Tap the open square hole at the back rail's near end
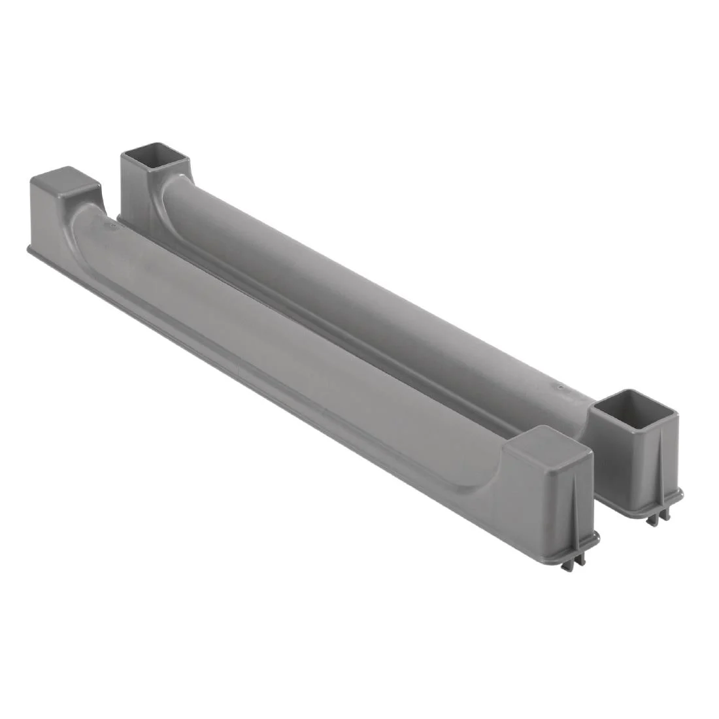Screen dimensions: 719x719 633,410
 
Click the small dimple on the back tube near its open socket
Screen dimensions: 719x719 560,388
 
